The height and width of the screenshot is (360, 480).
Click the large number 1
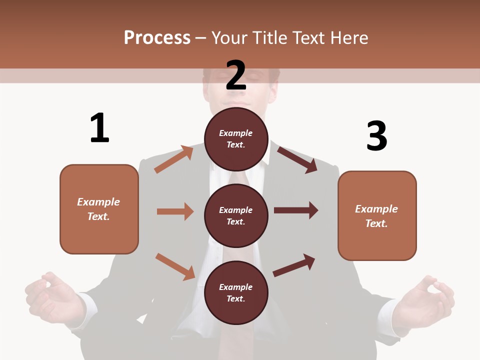pos(99,128)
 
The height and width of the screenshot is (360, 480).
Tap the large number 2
pos(236,75)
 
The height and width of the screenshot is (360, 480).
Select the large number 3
pos(376,136)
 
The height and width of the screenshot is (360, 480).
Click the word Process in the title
pos(157,38)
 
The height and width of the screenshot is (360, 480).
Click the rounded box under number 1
pos(99,209)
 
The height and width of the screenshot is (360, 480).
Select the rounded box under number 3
pos(377,215)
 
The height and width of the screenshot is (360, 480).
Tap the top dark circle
pos(236,139)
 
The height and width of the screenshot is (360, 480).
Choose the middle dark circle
pos(236,215)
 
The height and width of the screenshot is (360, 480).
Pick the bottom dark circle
pos(236,292)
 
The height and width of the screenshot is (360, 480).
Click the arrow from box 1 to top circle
pos(174,159)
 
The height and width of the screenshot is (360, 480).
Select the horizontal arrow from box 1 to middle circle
pos(175,211)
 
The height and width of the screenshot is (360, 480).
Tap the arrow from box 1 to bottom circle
pos(175,266)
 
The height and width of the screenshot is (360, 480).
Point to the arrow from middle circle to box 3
pos(296,210)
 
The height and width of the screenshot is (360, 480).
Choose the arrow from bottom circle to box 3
pos(294,265)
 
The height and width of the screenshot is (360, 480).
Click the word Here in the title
pos(350,38)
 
